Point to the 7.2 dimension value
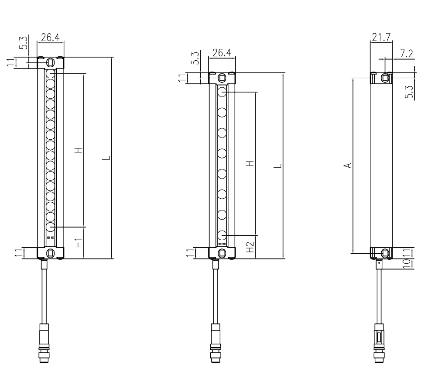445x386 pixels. [406, 54]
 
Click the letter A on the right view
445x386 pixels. [348, 165]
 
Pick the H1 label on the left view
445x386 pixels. [79, 243]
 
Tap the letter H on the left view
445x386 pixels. [79, 150]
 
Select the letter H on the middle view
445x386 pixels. [250, 164]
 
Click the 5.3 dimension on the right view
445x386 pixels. [409, 93]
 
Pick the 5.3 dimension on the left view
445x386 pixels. [23, 43]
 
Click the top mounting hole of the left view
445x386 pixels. [50, 62]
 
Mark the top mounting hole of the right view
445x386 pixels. [385, 78]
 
